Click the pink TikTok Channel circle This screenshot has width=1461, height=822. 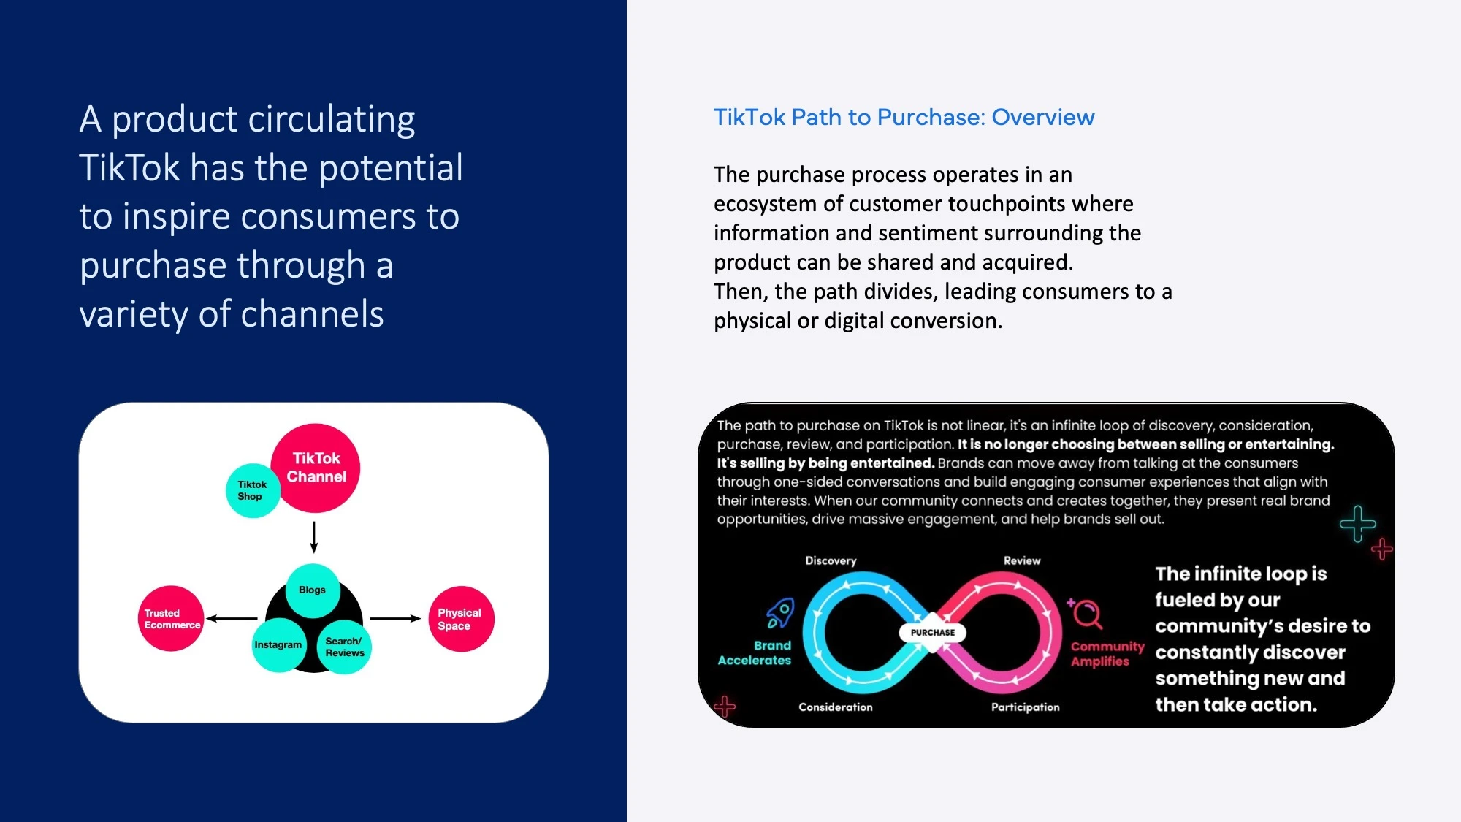tap(316, 468)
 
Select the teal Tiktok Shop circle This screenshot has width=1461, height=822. tap(253, 490)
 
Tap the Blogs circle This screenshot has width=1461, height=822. tap(313, 590)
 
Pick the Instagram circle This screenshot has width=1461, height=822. tap(279, 644)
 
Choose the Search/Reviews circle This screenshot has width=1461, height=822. tap(344, 647)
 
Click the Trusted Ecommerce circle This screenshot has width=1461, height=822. tap(171, 618)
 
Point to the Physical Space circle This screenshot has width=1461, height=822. tap(461, 618)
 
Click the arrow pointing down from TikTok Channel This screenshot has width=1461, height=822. tap(314, 537)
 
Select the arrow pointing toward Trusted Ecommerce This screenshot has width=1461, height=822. tap(232, 618)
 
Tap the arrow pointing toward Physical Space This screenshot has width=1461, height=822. tap(396, 618)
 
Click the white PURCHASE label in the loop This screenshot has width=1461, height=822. tap(933, 633)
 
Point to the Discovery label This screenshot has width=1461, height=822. tap(831, 560)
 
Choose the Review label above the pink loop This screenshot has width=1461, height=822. tap(1022, 560)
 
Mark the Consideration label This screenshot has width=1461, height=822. tap(836, 707)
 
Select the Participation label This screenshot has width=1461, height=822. tap(1025, 707)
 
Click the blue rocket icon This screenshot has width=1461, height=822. tap(780, 613)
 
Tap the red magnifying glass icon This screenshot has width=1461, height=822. tap(1086, 614)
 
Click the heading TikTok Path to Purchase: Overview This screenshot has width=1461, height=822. tap(904, 117)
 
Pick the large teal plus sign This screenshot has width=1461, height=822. tap(1358, 523)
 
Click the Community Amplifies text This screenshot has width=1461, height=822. tap(1107, 653)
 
